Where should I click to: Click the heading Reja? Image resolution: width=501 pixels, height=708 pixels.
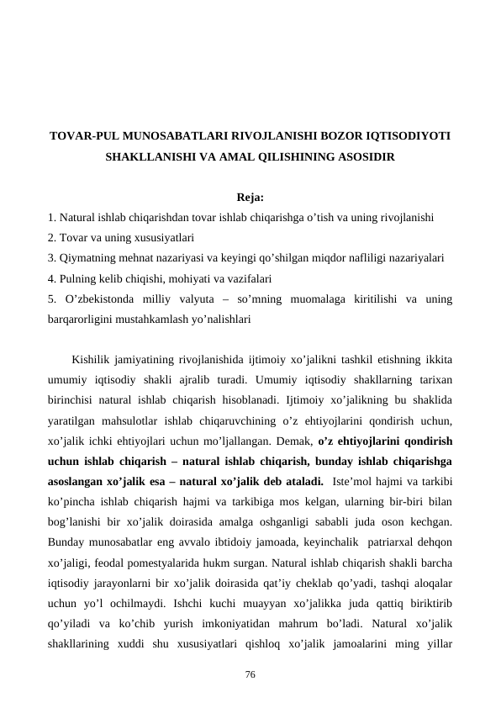tap(250, 198)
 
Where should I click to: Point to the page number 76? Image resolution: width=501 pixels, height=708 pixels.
tap(250, 674)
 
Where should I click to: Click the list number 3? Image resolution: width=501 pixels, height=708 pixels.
tap(51, 257)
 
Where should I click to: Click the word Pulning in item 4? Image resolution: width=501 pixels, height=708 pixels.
tap(77, 277)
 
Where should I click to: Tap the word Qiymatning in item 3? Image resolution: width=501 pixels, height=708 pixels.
tap(88, 257)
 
